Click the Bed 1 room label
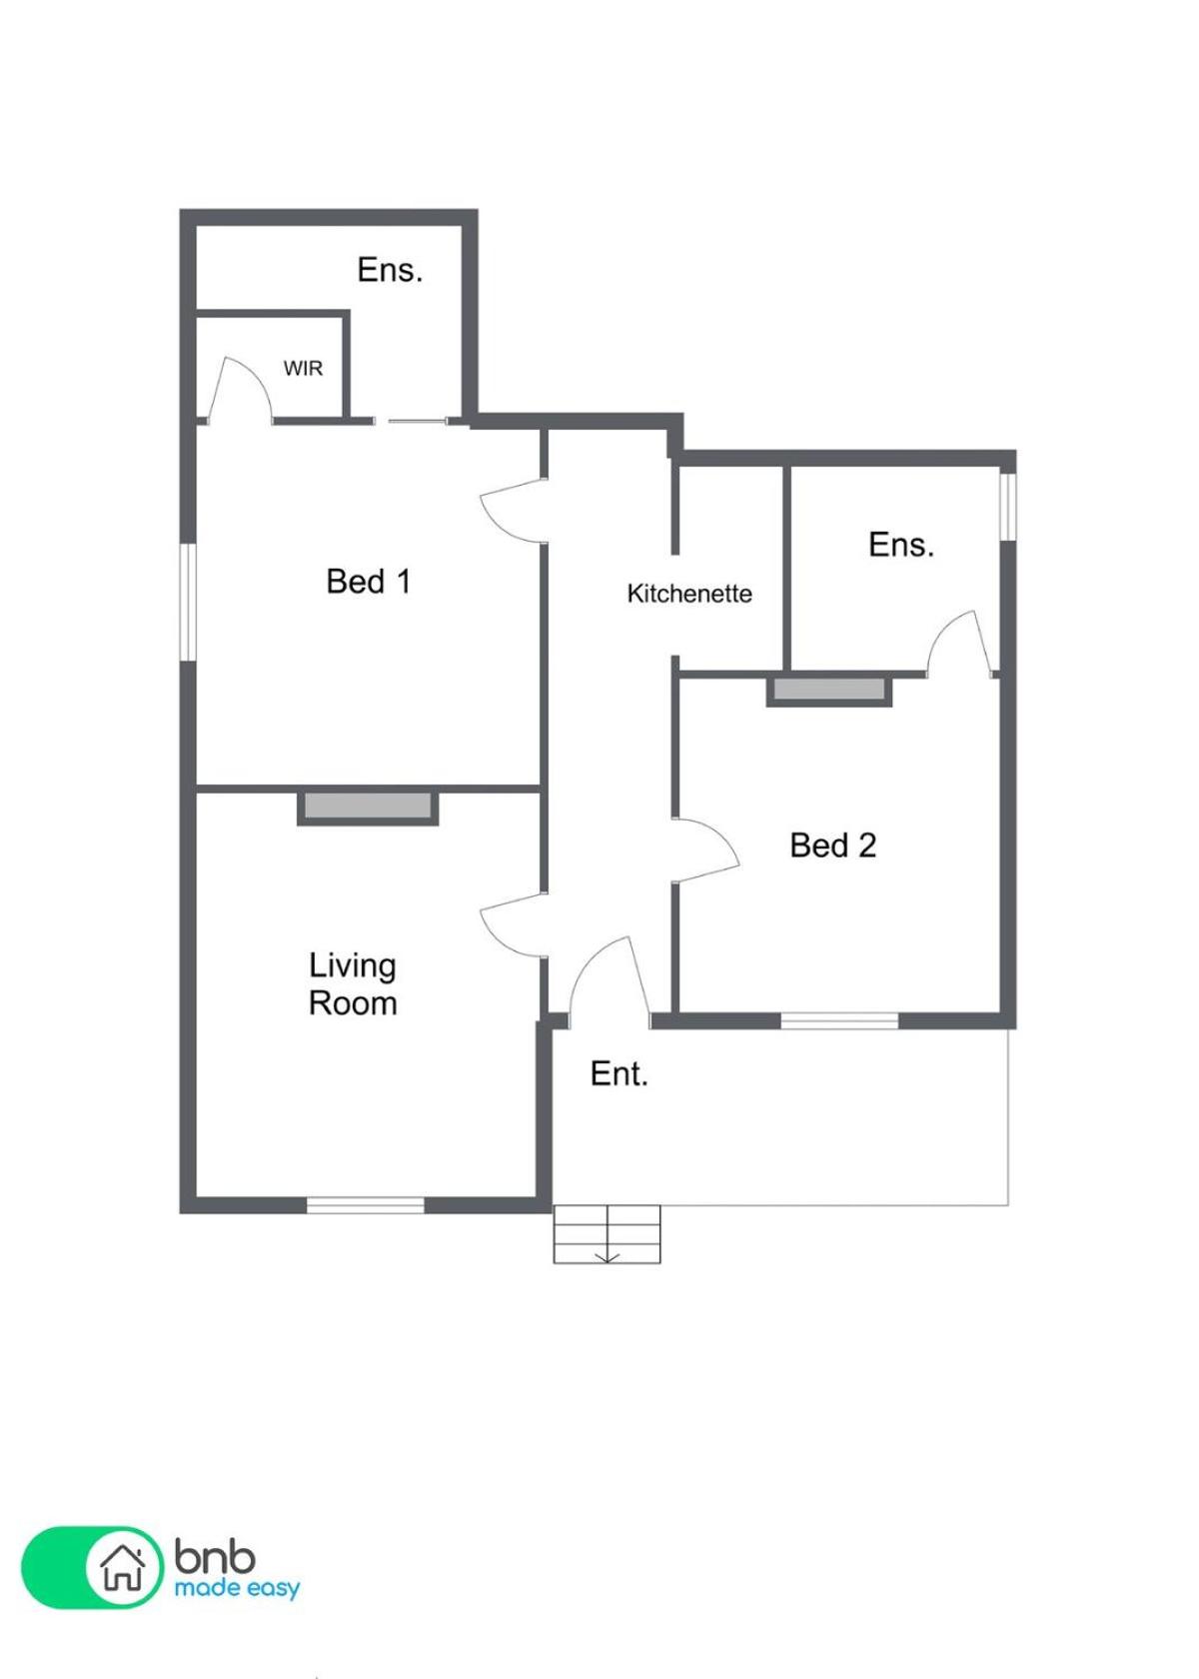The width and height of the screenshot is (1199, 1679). coord(368,582)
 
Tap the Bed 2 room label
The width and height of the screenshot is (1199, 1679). coord(832,845)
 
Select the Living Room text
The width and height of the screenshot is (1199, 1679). coord(352,984)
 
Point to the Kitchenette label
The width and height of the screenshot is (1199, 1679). coord(688,594)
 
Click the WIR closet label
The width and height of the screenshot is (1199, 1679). coord(303,369)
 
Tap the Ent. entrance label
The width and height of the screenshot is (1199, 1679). coord(618,1074)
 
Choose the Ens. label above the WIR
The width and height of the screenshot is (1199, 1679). coord(390,270)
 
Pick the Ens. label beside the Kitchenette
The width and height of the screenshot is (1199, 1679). coord(901,545)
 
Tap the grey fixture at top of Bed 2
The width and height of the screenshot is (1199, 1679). coord(829,689)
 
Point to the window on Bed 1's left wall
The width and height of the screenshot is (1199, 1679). coord(188,603)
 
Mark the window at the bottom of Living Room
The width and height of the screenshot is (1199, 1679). coord(365,1205)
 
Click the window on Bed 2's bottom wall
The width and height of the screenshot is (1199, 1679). coord(839,1020)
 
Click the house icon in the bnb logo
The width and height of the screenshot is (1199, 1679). coord(124,1567)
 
